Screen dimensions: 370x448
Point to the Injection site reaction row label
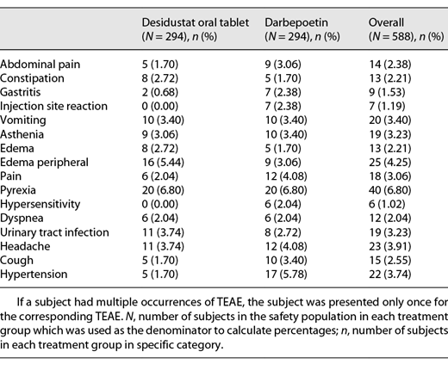(x=53, y=106)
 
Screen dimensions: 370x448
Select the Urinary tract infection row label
(x=55, y=232)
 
